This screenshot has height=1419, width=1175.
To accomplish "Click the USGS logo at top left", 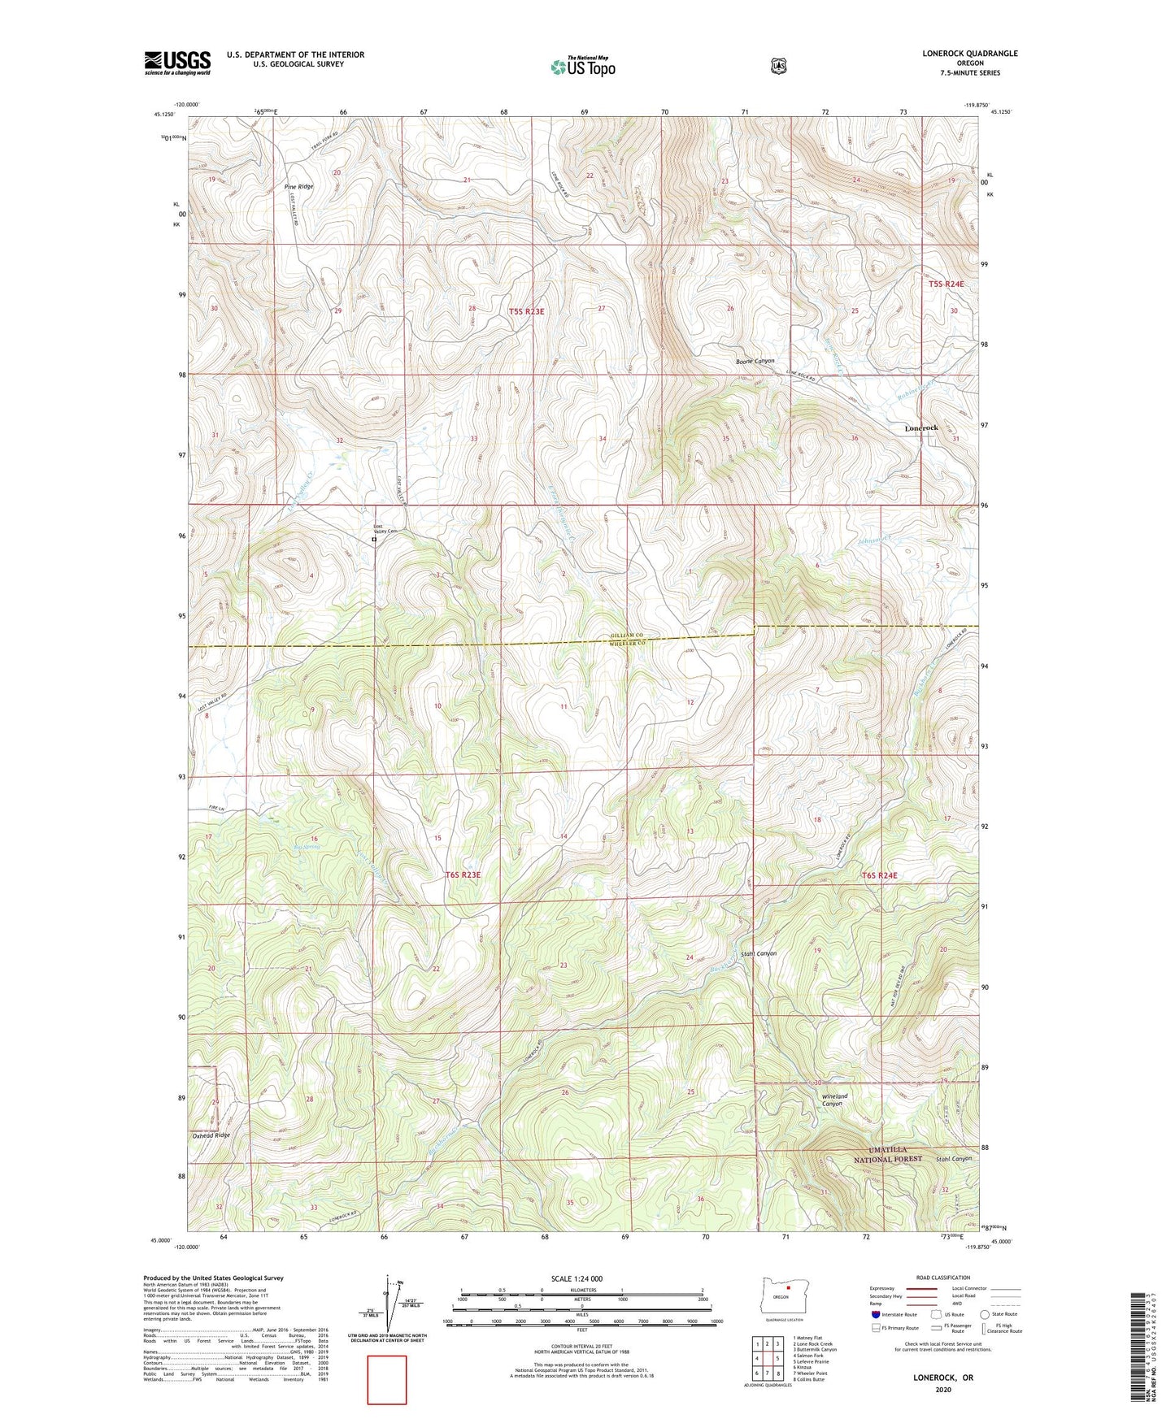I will click(177, 63).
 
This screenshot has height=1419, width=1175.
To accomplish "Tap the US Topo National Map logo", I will click(581, 66).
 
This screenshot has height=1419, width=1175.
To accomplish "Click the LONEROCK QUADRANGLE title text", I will click(969, 54).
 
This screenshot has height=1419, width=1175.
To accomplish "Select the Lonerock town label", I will click(920, 427).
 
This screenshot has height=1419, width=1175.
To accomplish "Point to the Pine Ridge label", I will click(298, 187).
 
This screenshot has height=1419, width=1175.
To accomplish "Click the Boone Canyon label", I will click(755, 361).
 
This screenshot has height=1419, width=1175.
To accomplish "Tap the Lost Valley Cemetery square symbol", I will click(374, 540).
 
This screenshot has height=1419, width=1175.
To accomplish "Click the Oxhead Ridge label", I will click(211, 1135).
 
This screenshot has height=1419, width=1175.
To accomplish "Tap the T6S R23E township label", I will click(463, 874).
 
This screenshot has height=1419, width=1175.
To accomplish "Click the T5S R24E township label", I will click(946, 284).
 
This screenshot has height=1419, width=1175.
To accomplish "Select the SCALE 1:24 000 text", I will click(577, 1278).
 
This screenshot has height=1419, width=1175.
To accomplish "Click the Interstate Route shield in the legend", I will click(875, 1313).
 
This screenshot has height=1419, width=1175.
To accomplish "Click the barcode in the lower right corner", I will click(1143, 1346).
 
